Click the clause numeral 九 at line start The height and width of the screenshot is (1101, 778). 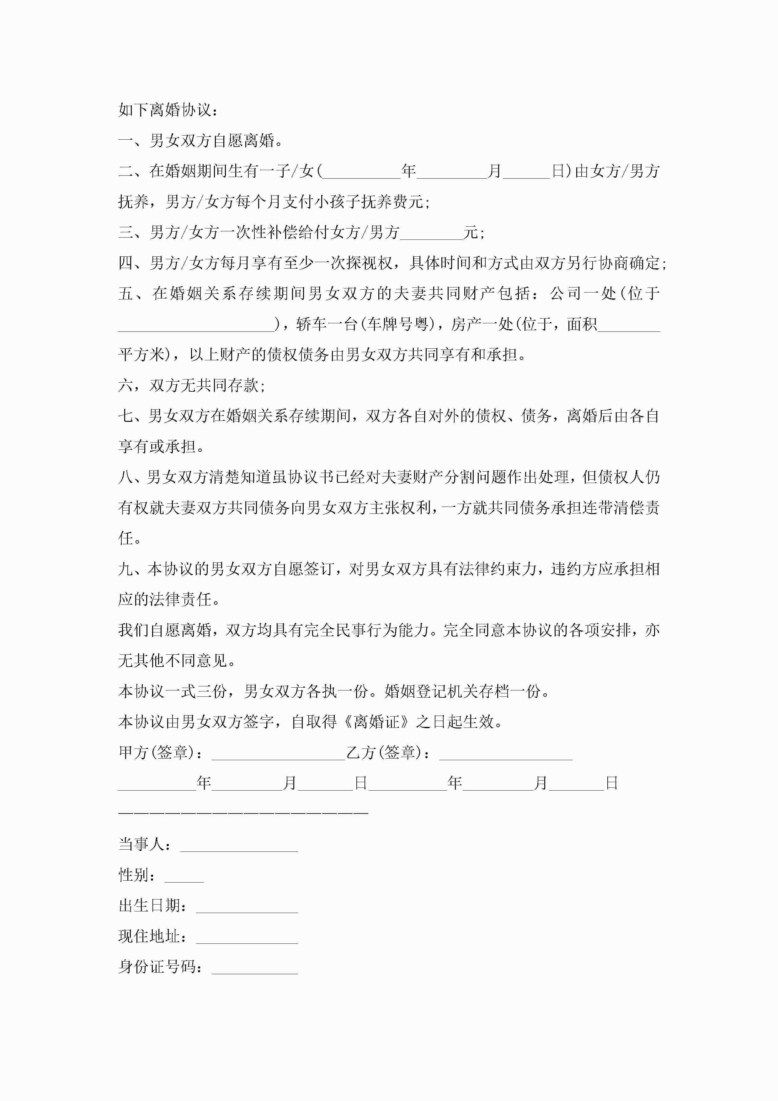pyautogui.click(x=125, y=569)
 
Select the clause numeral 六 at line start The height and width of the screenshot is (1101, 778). pyautogui.click(x=125, y=385)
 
